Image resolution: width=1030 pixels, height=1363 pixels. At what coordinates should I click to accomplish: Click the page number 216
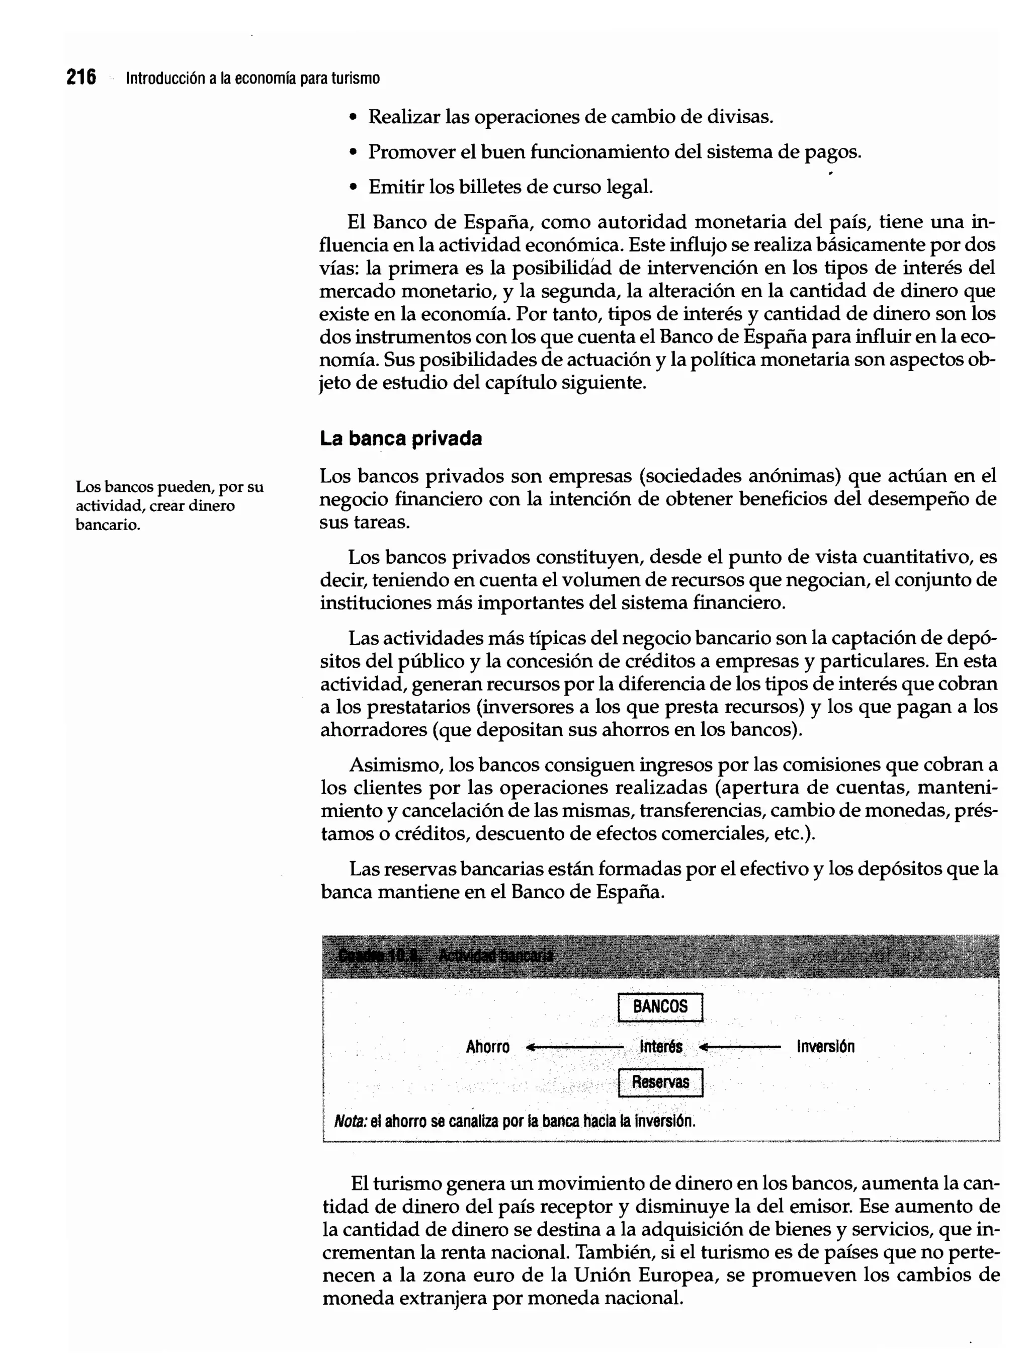click(81, 77)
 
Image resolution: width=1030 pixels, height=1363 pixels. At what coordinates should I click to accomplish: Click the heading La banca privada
click(400, 439)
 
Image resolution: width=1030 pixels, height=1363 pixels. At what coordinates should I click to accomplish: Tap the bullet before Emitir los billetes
click(353, 187)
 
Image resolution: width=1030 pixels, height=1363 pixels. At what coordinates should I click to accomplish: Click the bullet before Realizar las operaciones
click(353, 117)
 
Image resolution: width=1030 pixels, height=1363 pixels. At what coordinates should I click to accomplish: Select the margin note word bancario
click(108, 525)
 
